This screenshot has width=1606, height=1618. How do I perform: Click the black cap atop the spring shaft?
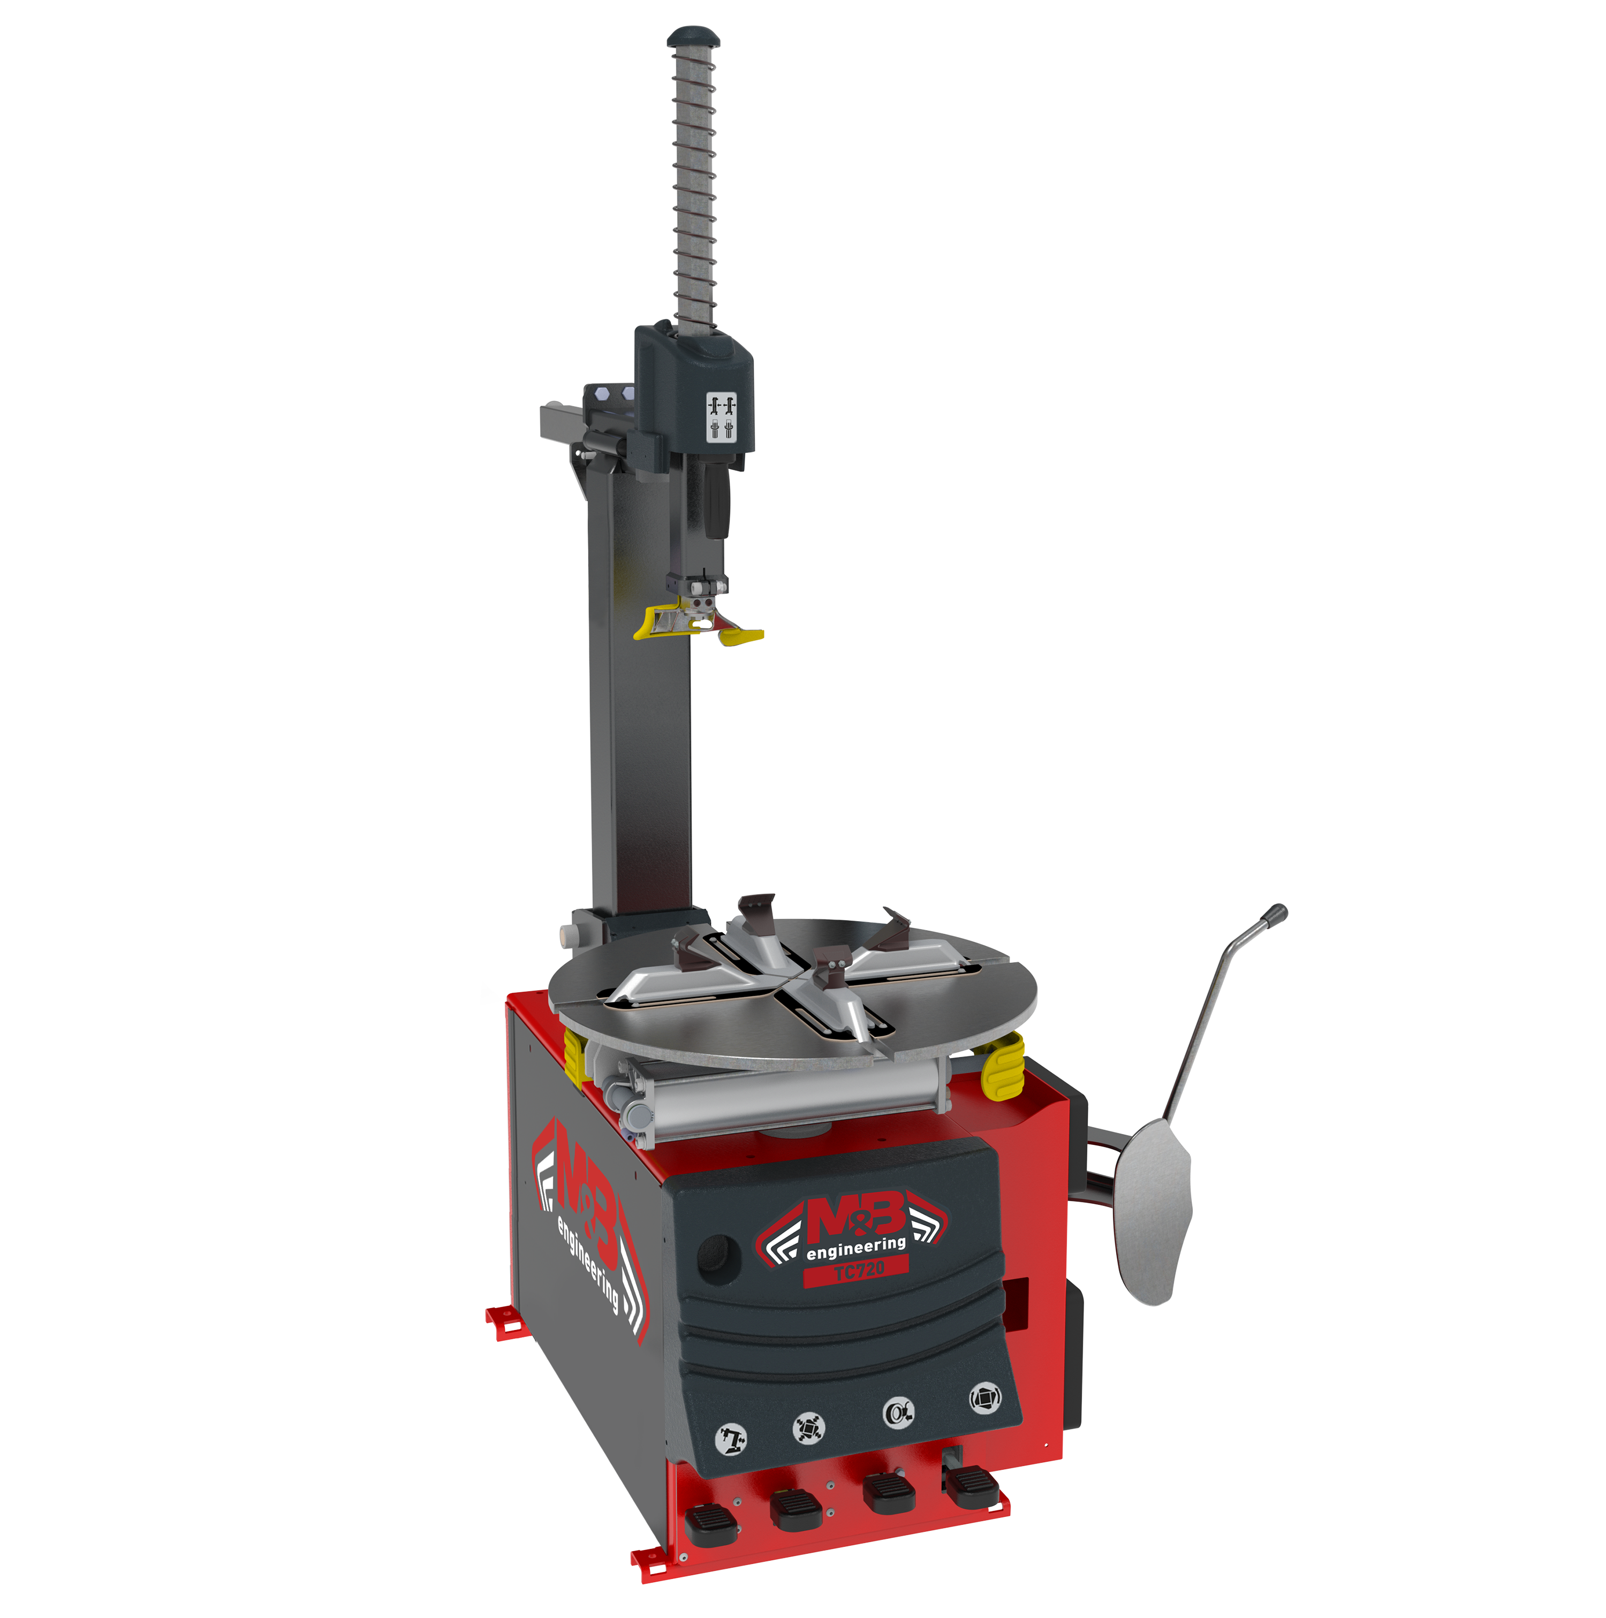pos(694,37)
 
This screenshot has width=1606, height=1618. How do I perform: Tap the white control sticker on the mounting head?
pos(721,416)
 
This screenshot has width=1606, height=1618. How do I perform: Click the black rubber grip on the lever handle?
pos(1276,915)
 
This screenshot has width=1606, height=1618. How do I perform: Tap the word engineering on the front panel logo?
pos(855,1248)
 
